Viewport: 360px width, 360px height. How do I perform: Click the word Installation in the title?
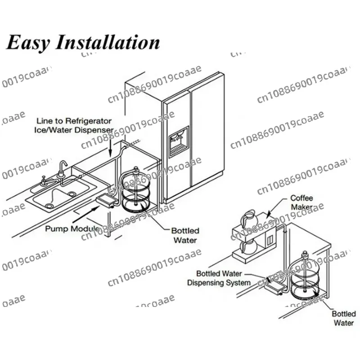[108, 43]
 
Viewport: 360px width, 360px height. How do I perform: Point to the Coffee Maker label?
[301, 202]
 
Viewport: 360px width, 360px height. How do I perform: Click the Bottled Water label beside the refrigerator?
[184, 235]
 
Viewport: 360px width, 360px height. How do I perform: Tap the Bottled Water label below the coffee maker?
[344, 318]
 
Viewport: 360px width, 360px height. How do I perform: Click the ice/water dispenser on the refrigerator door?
[178, 141]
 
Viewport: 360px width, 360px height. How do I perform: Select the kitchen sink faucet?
[63, 170]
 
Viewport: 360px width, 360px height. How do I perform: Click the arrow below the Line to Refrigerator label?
[110, 148]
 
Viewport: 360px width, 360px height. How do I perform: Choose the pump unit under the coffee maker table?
[272, 286]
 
